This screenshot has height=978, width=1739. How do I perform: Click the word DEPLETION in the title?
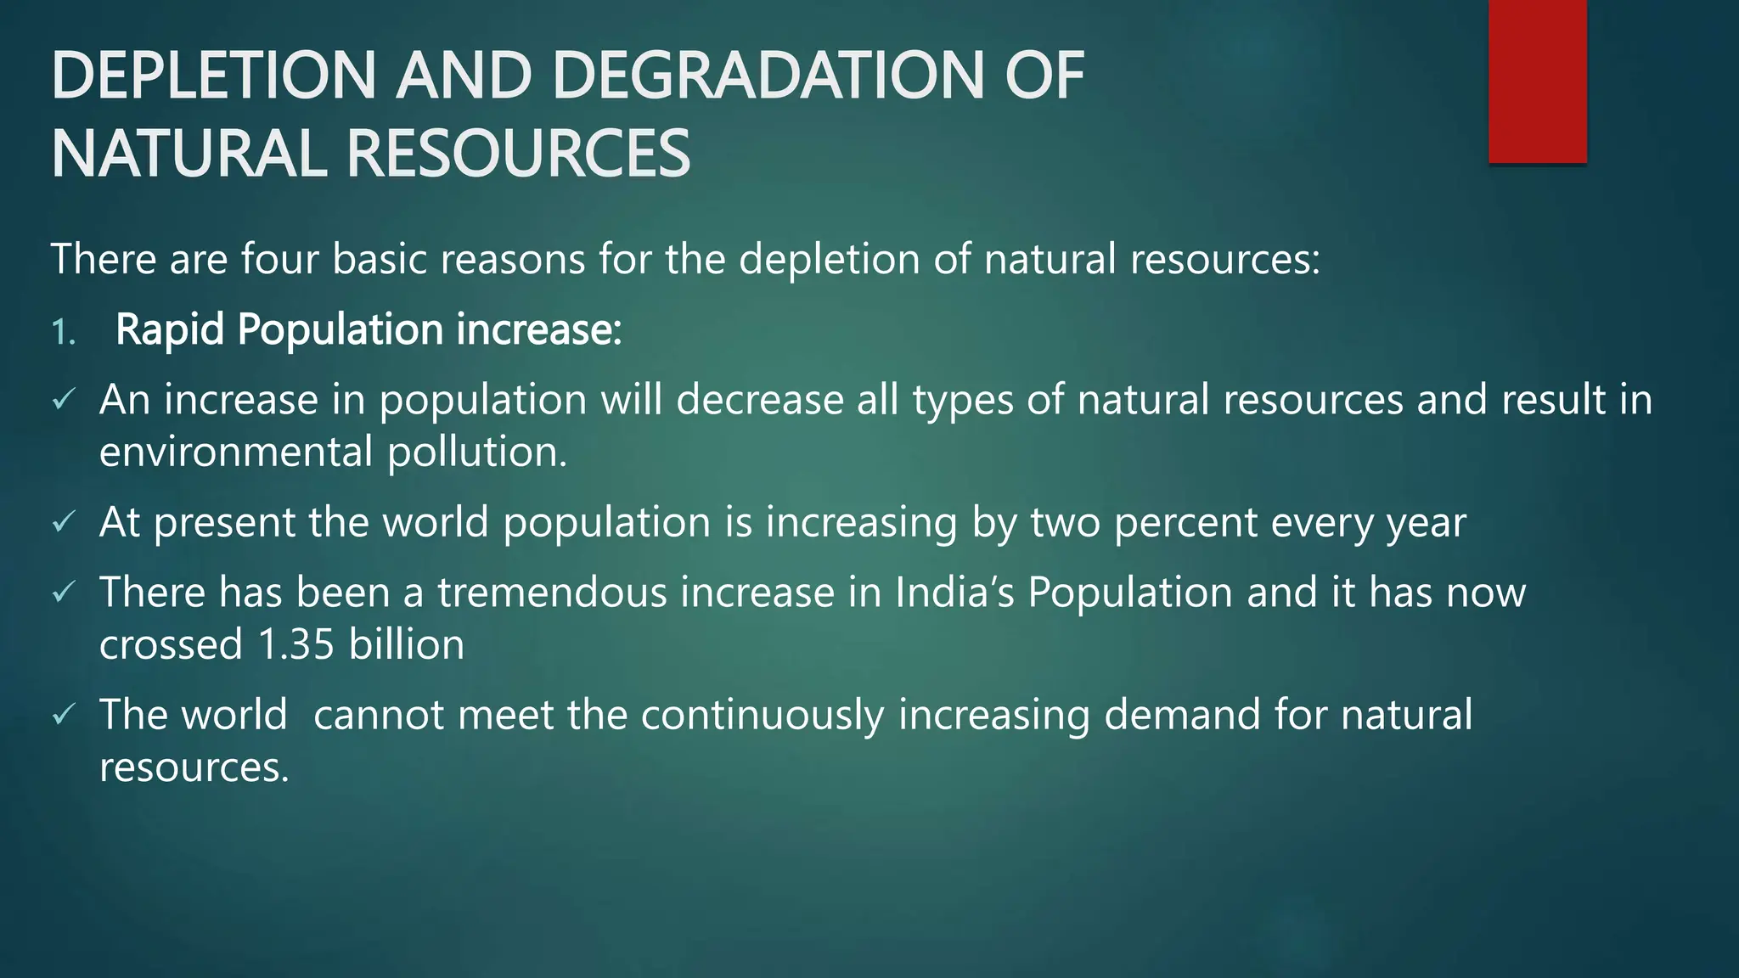[x=213, y=76]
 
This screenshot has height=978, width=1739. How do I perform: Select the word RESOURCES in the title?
[x=518, y=154]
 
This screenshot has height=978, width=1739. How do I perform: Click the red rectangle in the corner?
[x=1537, y=81]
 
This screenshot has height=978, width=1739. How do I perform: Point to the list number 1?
[x=63, y=332]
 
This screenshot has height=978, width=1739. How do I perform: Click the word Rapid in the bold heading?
[x=170, y=329]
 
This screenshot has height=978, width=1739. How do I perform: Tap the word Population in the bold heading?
[x=340, y=329]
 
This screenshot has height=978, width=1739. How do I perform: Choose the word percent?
[x=1185, y=523]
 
